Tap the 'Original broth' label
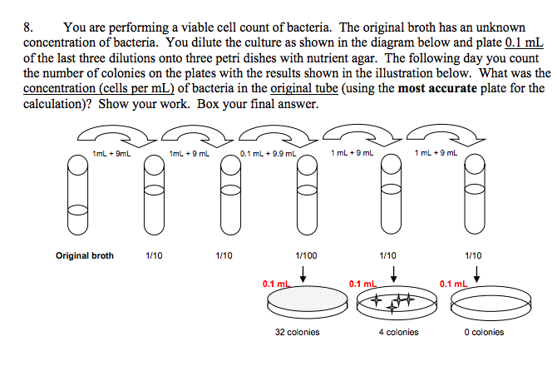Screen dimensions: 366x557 point(85,255)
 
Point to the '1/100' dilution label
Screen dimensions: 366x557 point(305,255)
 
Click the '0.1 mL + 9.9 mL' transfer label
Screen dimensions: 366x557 point(268,152)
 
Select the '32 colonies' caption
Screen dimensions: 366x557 point(298,332)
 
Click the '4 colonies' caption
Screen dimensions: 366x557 point(395,332)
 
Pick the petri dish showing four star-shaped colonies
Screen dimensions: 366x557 point(393,304)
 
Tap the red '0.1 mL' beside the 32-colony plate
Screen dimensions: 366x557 point(275,284)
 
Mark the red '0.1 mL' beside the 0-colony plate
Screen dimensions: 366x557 point(454,284)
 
